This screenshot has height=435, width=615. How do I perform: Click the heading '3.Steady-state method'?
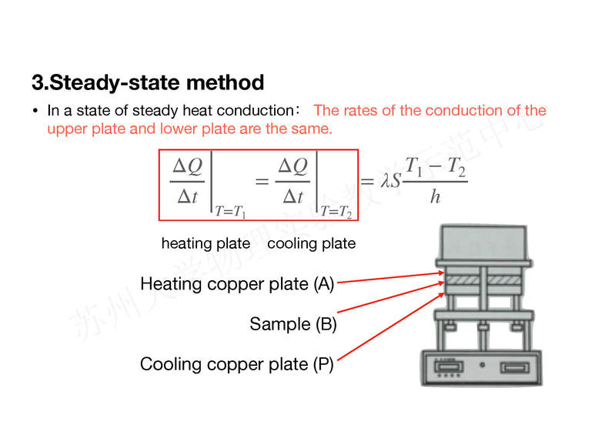pos(148,82)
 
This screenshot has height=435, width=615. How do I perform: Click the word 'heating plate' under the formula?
pos(206,244)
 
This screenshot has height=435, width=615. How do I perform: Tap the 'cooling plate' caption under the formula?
pos(311,244)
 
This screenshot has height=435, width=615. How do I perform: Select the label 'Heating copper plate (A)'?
pos(237,284)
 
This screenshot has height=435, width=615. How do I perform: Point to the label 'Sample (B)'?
pos(293,324)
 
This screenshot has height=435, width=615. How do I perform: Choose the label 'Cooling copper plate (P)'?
pos(237,364)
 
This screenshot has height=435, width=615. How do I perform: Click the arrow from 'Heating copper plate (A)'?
pos(389,277)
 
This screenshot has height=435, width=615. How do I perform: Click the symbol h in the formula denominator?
pos(436,197)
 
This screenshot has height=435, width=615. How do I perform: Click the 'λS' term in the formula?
pos(391,182)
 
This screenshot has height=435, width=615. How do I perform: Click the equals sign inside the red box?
pos(261,182)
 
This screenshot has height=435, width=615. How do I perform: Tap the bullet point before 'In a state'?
pos(35,111)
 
